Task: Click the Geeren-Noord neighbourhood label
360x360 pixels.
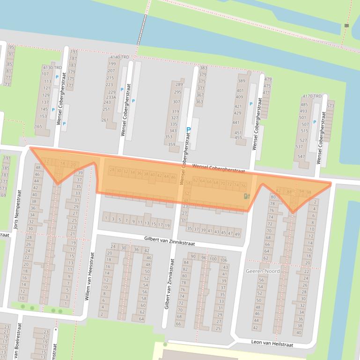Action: point(262,271)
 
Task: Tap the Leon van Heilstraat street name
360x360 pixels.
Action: point(272,344)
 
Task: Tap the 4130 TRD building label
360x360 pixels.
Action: point(51,68)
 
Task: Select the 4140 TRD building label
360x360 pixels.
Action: point(119,57)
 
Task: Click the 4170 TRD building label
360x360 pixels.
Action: point(312,97)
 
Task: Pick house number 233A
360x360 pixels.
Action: point(110,97)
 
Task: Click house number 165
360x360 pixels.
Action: point(38,127)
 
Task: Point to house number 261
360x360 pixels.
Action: point(105,120)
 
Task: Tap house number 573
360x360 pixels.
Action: point(331,106)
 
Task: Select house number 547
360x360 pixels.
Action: point(301,157)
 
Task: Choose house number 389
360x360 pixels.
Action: point(241,81)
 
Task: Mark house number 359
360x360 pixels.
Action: point(172,144)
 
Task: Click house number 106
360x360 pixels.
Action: point(223,260)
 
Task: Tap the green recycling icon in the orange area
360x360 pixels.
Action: point(247,196)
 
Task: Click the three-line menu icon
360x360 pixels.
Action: point(347,25)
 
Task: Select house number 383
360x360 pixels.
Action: point(203,68)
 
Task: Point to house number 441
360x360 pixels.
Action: point(236,123)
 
